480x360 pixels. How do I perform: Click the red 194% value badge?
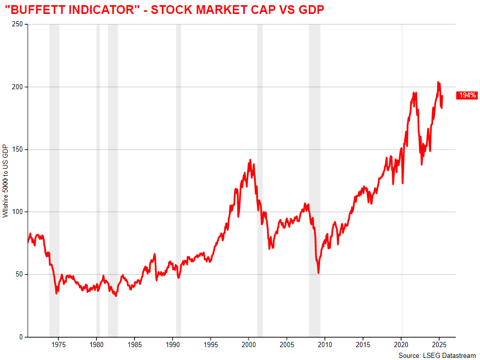(467, 95)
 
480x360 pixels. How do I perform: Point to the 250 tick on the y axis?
(18, 24)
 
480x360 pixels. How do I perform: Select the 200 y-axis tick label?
(18, 87)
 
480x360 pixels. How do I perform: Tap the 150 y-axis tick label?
(18, 150)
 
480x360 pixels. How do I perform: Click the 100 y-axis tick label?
(18, 212)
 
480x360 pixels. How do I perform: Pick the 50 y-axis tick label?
(19, 274)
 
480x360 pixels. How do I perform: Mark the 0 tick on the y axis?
(21, 337)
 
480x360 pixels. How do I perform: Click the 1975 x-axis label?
(58, 345)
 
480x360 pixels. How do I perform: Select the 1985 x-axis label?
(135, 345)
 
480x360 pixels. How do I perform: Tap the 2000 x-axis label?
(249, 345)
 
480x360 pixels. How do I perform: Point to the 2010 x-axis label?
(325, 345)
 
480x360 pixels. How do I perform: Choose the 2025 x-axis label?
(439, 345)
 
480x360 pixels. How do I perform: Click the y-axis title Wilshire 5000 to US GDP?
(6, 181)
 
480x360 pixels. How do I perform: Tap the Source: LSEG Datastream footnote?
(437, 355)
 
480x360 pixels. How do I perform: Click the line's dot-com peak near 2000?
(250, 160)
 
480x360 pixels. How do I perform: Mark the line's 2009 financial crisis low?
(319, 273)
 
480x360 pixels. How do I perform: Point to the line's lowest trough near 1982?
(116, 296)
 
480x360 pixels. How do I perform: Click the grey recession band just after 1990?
(178, 181)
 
